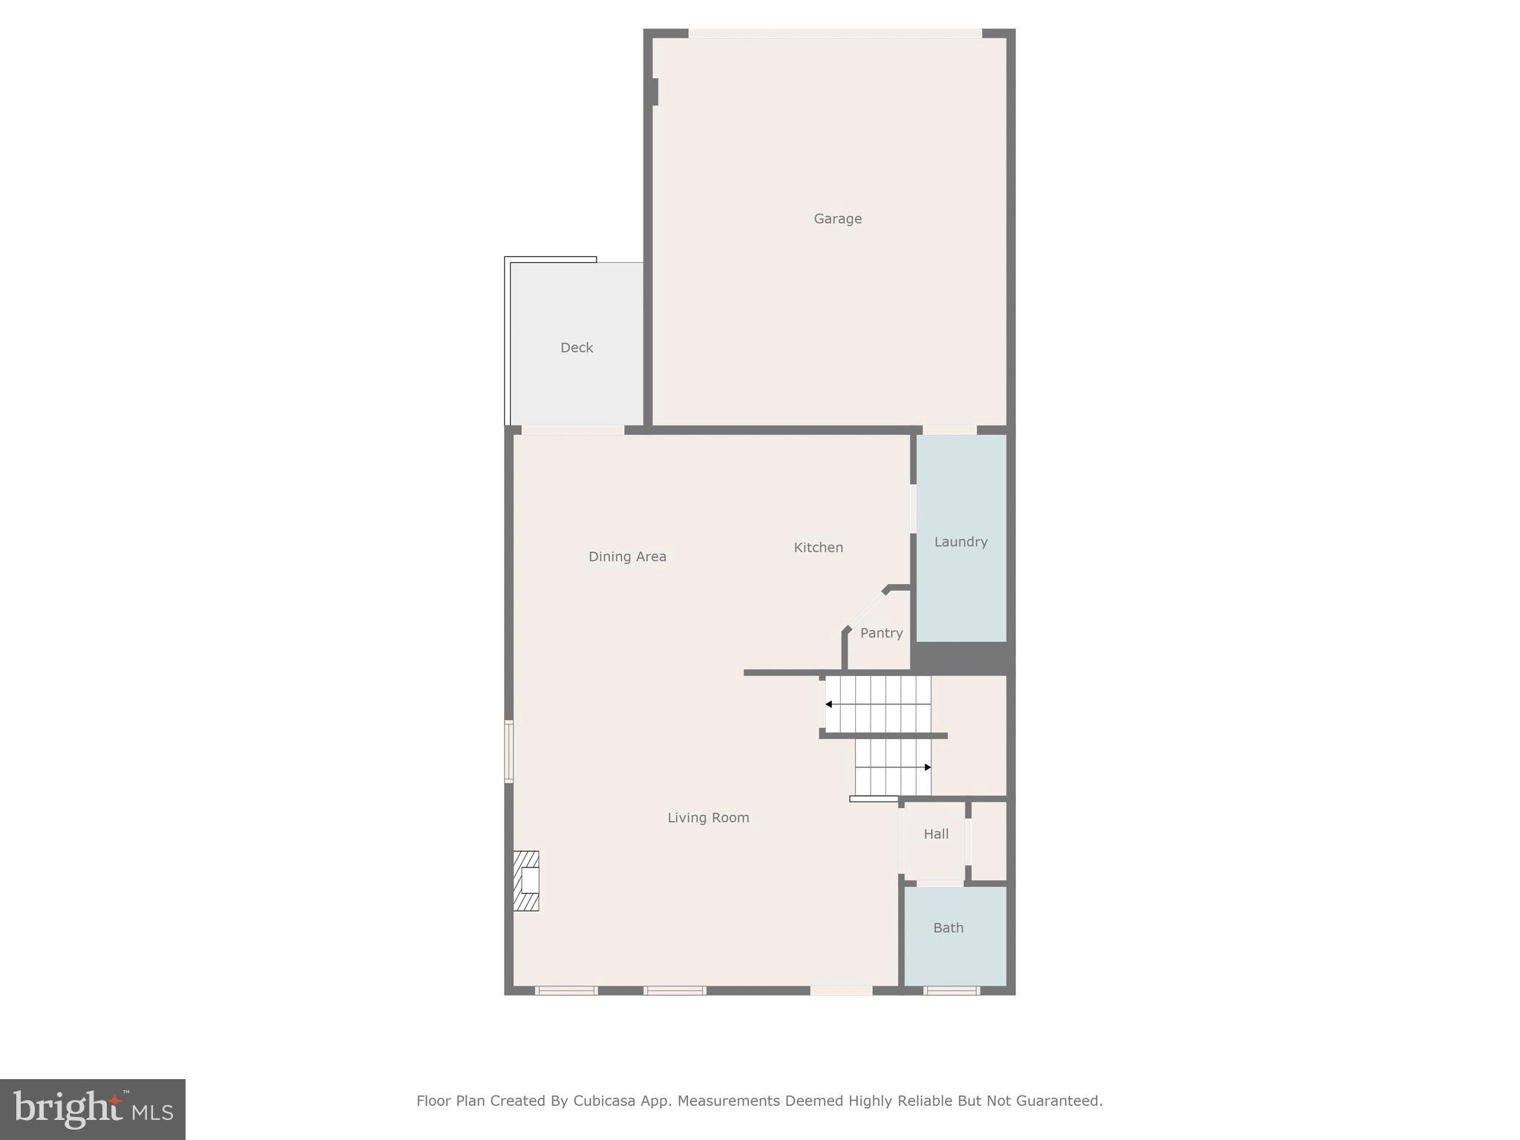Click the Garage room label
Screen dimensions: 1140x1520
[x=837, y=219]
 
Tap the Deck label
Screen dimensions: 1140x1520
[x=577, y=347]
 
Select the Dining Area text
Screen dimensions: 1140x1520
[x=627, y=557]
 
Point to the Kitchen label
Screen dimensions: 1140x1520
[x=818, y=548]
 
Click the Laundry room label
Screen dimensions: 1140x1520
[x=960, y=542]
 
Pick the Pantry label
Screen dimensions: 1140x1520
[x=881, y=633]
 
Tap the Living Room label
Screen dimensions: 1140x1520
[x=708, y=818]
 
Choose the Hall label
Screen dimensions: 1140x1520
[x=936, y=834]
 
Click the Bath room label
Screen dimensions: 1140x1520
[x=948, y=928]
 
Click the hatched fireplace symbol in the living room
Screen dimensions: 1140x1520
[x=526, y=881]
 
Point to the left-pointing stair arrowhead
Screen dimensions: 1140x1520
[x=828, y=704]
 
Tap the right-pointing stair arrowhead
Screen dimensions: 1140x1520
[x=928, y=767]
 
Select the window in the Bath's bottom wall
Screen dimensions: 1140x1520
[x=951, y=990]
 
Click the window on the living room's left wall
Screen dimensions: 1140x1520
[x=509, y=751]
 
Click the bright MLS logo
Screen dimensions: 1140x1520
[x=93, y=1110]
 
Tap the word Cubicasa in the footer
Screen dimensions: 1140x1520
[x=604, y=1101]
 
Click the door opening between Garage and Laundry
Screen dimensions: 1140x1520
[x=949, y=430]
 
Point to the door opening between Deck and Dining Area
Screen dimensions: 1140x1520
[x=572, y=430]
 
